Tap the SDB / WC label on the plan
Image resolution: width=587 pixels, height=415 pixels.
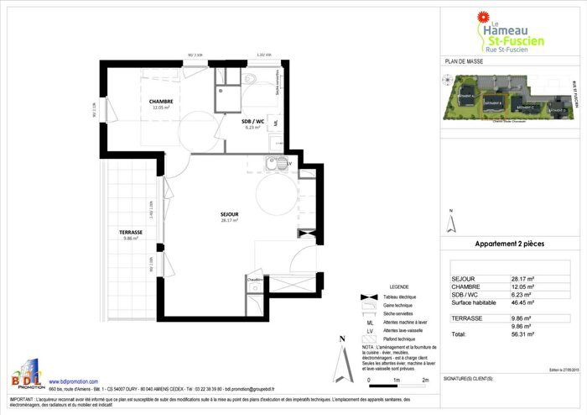click(x=231, y=122)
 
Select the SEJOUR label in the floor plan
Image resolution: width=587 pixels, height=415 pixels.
click(x=230, y=215)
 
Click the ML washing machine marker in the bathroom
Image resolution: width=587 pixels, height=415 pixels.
click(x=276, y=123)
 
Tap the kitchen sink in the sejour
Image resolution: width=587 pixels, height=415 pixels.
click(x=277, y=163)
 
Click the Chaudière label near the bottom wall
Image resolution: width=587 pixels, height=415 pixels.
click(x=255, y=278)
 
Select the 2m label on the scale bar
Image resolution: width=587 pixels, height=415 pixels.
click(x=426, y=381)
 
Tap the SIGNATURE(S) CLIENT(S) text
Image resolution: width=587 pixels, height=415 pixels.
click(x=470, y=379)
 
